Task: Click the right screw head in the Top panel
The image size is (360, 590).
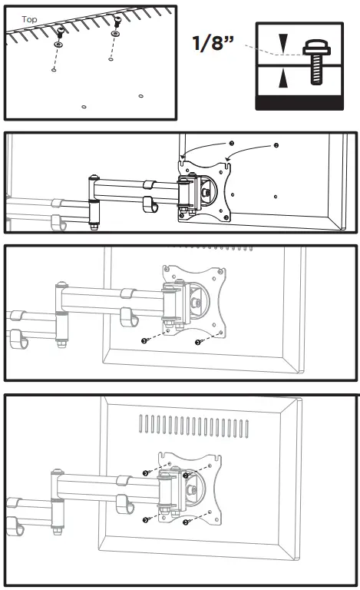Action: [x=116, y=21]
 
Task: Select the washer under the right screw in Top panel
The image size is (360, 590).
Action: [x=115, y=35]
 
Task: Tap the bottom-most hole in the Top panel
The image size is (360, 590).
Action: [x=84, y=107]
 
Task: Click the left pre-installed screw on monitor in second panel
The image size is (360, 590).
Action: [x=231, y=143]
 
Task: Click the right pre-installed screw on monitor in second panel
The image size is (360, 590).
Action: [x=276, y=144]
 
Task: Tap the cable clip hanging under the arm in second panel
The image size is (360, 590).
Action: [x=150, y=206]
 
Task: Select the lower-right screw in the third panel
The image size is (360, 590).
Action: [x=198, y=342]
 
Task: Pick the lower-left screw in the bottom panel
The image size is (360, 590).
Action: [x=145, y=520]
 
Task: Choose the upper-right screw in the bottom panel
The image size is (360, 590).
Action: [x=187, y=476]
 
